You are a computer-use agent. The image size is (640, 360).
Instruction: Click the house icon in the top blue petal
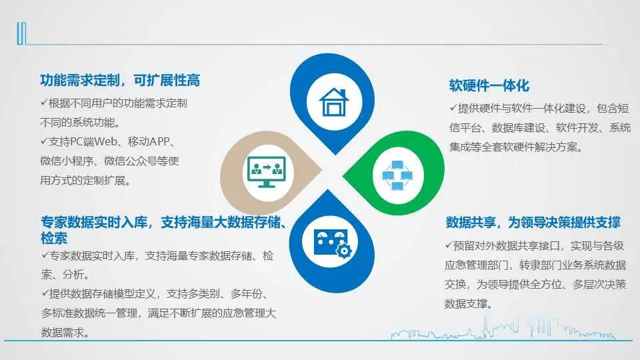334,102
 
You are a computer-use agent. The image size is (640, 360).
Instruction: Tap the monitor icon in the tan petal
267,172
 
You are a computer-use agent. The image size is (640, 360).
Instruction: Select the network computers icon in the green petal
397,175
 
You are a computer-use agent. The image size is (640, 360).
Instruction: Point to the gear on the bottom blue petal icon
344,250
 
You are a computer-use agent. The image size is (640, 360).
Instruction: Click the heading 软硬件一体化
489,86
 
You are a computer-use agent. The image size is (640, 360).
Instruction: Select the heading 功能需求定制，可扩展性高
120,81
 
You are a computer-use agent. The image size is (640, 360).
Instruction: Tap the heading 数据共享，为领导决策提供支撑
533,223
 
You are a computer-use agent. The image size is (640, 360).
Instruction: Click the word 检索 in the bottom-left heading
54,239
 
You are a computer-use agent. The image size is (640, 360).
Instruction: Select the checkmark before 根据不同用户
44,103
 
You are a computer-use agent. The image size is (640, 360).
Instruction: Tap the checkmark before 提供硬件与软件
453,108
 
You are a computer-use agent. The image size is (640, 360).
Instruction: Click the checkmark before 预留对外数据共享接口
449,245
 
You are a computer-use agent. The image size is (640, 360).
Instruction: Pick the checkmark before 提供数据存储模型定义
45,293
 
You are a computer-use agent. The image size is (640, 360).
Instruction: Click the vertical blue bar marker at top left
21,33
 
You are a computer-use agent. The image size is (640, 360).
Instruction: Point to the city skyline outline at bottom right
503,328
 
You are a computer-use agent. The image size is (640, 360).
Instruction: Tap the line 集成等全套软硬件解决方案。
516,147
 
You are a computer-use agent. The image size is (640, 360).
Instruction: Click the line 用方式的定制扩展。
85,181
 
